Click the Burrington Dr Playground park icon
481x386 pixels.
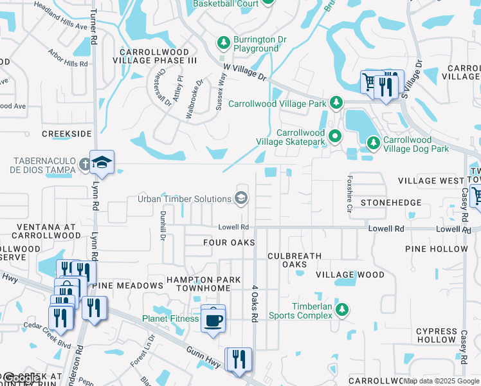click(x=223, y=43)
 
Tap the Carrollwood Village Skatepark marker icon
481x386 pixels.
click(x=334, y=136)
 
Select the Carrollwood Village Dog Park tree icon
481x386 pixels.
click(x=372, y=143)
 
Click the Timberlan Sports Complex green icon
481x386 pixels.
click(x=342, y=310)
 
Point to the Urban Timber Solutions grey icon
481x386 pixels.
click(x=242, y=198)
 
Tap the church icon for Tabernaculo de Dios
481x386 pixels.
click(x=86, y=164)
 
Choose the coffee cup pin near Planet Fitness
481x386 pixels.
click(x=213, y=318)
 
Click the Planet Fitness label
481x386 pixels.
click(x=170, y=318)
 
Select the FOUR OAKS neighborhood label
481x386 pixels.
click(x=229, y=243)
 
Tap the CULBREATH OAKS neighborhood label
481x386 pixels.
click(x=295, y=260)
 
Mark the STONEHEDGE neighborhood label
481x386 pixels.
click(x=391, y=203)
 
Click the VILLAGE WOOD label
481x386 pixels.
click(x=350, y=275)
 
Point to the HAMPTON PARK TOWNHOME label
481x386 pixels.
click(x=204, y=284)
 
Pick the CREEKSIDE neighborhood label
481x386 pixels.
click(x=67, y=134)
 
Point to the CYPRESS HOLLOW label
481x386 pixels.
click(x=436, y=335)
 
